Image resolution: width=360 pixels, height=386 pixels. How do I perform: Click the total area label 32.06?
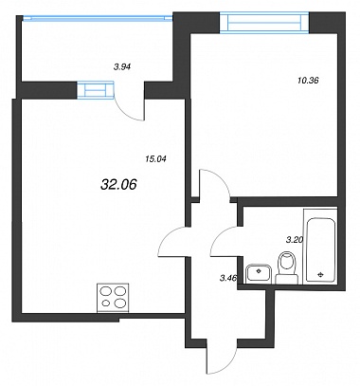(118, 184)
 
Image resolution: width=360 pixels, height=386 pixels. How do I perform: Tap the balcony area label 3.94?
(122, 66)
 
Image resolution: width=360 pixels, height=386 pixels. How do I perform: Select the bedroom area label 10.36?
(308, 81)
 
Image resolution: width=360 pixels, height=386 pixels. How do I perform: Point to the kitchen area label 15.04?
(155, 159)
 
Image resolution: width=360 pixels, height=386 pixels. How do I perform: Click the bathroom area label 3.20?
(295, 240)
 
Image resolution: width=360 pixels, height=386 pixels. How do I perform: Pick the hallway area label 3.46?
(228, 278)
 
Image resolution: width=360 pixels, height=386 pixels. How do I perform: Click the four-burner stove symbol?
(113, 297)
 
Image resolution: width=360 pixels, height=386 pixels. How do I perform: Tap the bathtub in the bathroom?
(320, 246)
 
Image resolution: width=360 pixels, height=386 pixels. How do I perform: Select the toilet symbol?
(287, 267)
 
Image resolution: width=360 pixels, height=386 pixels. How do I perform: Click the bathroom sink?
(259, 273)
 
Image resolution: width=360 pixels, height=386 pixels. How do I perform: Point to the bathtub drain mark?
(321, 274)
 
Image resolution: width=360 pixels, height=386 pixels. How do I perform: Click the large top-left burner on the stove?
(105, 291)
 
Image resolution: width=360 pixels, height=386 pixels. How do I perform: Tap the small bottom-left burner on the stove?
(106, 303)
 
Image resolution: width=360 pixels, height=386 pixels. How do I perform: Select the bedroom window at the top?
(264, 22)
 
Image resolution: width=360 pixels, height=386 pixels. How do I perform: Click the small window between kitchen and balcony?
(96, 90)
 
